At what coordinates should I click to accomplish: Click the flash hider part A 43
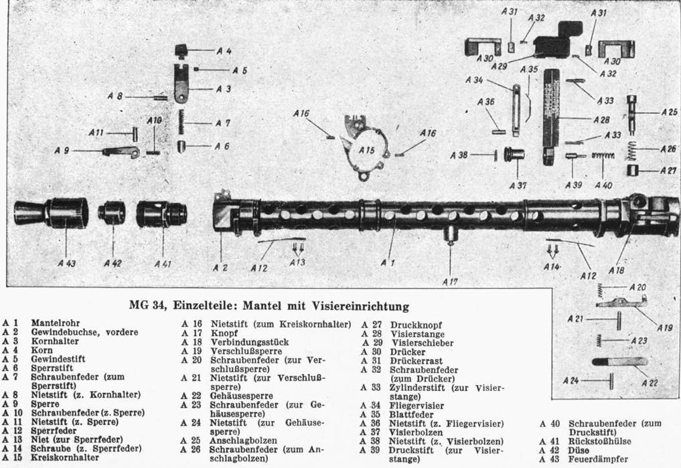pyautogui.click(x=50, y=212)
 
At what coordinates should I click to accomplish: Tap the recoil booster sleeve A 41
pyautogui.click(x=162, y=214)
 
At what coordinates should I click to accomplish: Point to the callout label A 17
pyautogui.click(x=450, y=282)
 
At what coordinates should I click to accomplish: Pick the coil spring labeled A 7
pyautogui.click(x=180, y=122)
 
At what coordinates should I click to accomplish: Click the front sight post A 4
pyautogui.click(x=181, y=50)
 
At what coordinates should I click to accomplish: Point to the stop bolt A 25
pyautogui.click(x=633, y=113)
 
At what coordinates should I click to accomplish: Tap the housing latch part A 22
pyautogui.click(x=619, y=362)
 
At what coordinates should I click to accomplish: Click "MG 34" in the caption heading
pyautogui.click(x=148, y=307)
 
